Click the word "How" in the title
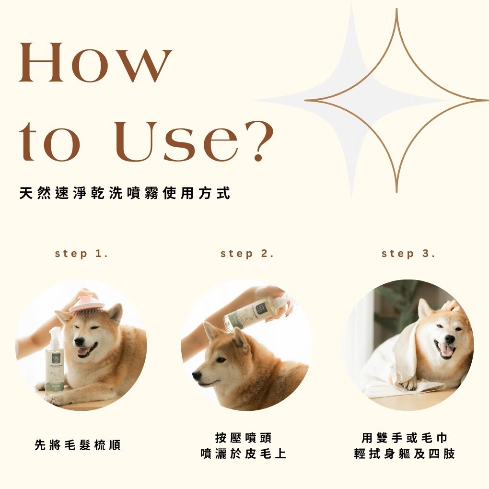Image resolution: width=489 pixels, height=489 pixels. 95,62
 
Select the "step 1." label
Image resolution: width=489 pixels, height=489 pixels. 81,254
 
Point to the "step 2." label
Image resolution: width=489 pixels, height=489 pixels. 247,254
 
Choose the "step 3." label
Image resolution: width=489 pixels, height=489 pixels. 408,254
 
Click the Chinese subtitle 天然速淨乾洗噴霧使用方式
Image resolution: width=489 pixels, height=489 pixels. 125,194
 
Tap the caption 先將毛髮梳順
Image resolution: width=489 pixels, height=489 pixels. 78,445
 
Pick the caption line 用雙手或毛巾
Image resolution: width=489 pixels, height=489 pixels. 405,438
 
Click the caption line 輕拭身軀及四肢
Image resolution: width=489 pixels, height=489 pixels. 405,454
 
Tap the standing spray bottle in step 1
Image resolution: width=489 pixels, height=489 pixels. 55,364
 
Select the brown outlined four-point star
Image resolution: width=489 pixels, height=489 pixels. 396,101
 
